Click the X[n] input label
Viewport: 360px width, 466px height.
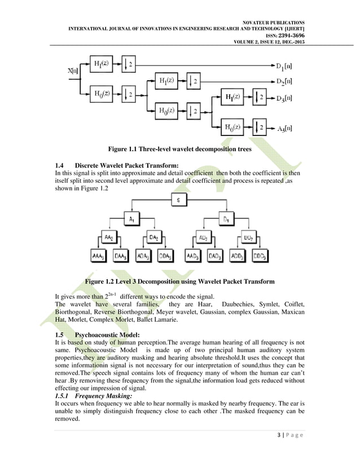[73, 71]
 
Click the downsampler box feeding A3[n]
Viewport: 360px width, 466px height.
[260, 128]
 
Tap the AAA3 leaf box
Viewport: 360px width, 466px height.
[99, 257]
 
